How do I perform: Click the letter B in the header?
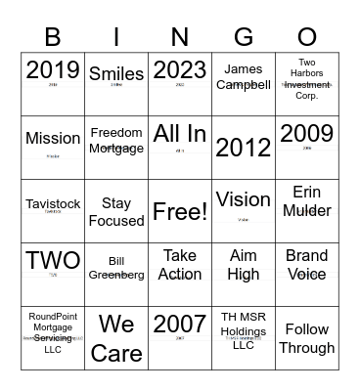pos(53,37)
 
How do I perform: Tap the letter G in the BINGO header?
pos(244,37)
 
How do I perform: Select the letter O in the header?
pos(307,37)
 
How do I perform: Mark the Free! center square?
pos(180,210)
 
